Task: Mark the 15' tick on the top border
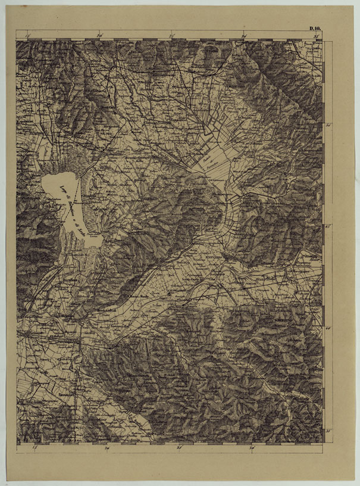coord(28,36)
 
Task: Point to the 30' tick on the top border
coord(244,36)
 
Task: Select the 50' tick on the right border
coord(329,124)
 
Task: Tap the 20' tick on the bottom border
coord(108,448)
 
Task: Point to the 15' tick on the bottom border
coord(35,448)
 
